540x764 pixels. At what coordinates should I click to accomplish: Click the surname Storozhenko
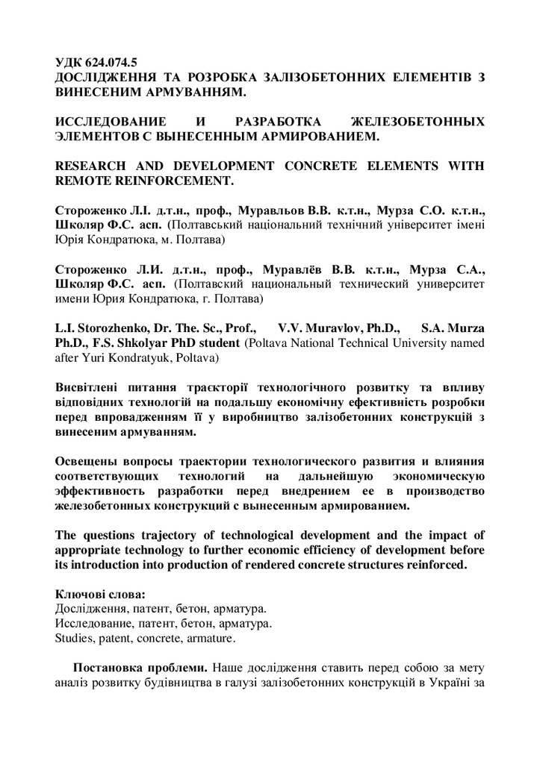pyautogui.click(x=111, y=328)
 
